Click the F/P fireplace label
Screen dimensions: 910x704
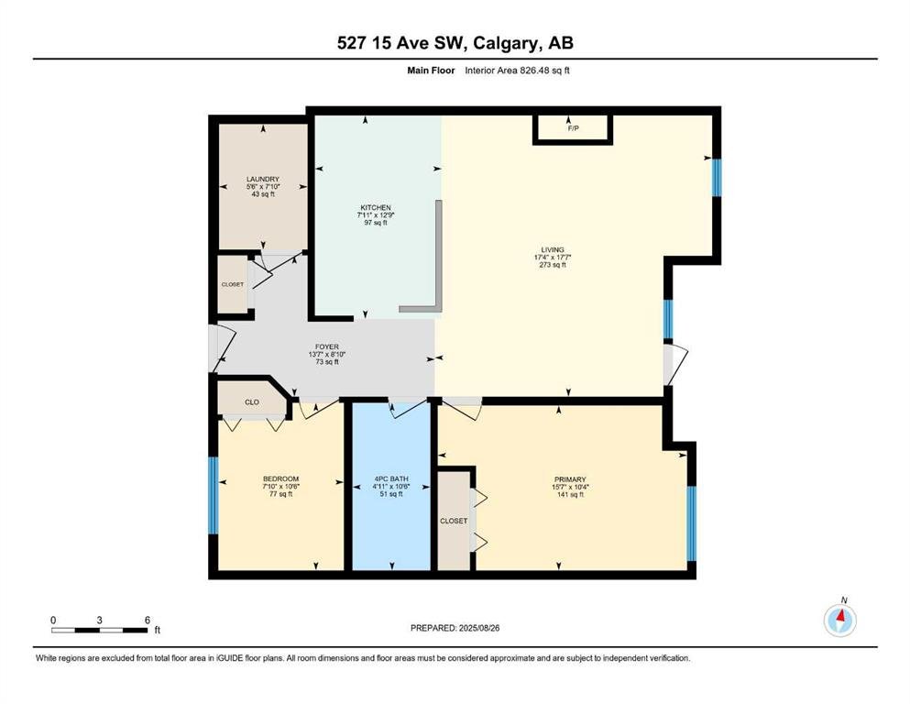tap(573, 128)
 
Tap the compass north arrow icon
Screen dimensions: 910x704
tap(839, 620)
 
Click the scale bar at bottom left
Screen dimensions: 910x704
tap(99, 630)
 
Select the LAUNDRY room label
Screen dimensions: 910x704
tap(263, 180)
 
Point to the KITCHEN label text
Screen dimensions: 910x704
tap(376, 208)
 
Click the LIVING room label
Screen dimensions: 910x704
tap(553, 250)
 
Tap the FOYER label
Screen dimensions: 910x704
tap(327, 347)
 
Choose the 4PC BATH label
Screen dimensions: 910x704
tap(391, 479)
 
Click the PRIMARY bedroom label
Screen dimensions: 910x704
tap(570, 480)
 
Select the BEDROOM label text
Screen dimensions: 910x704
tap(281, 479)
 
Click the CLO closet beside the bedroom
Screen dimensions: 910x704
tap(252, 402)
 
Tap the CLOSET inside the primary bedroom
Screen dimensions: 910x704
tap(454, 522)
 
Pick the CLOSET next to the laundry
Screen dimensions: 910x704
tap(233, 285)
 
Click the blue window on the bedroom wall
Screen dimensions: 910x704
tap(213, 496)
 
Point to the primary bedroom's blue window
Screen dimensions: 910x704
tap(691, 523)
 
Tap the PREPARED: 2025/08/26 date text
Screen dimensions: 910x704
tap(455, 628)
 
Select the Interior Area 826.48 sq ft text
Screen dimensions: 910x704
tap(517, 71)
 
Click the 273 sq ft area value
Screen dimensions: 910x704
tap(553, 265)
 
